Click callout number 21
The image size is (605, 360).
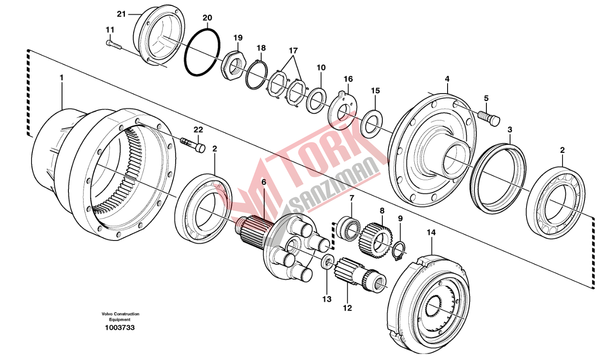tap(121, 14)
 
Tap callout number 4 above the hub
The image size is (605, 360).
tap(447, 79)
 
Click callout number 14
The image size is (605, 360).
tap(431, 233)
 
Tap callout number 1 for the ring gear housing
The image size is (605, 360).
tap(62, 78)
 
